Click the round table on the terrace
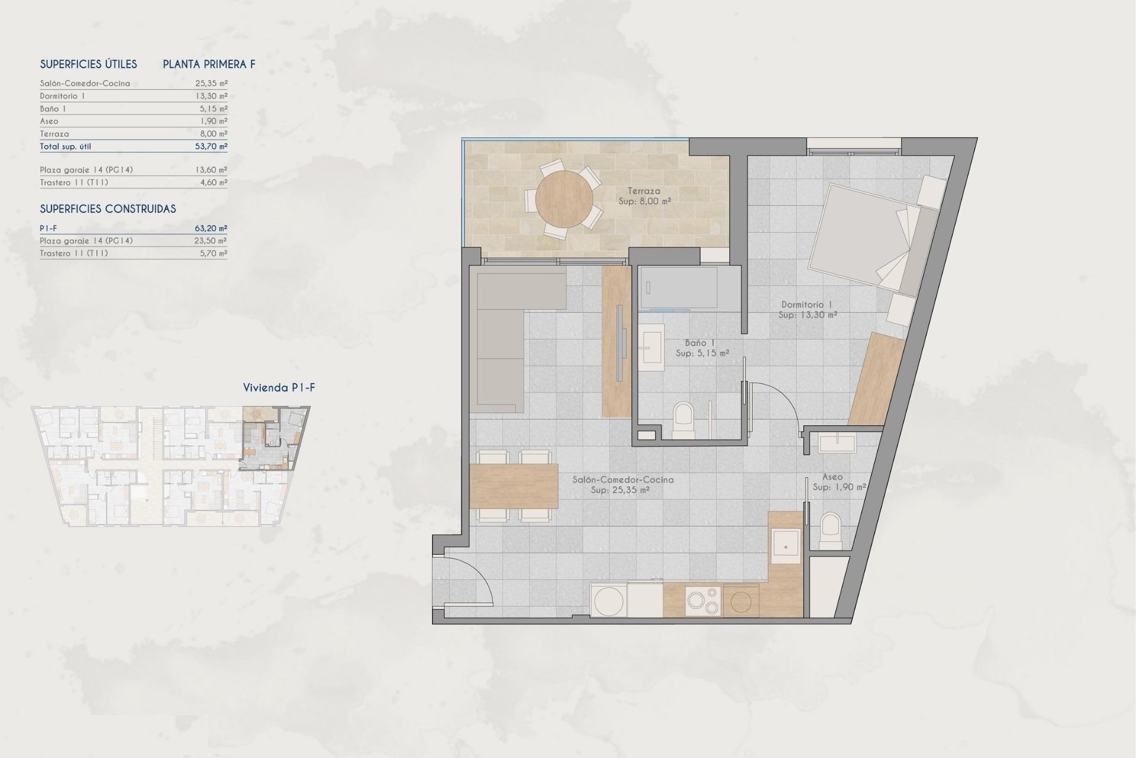tap(564, 200)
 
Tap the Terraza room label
tap(644, 191)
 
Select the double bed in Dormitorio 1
tap(858, 237)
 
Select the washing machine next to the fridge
tap(609, 601)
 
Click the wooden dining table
tap(514, 486)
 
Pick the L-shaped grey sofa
tap(500, 332)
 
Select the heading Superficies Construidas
tap(108, 208)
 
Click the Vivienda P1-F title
tap(279, 388)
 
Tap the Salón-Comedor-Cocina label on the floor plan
tap(622, 480)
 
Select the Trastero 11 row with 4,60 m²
tap(133, 182)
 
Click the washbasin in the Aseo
tap(838, 443)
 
